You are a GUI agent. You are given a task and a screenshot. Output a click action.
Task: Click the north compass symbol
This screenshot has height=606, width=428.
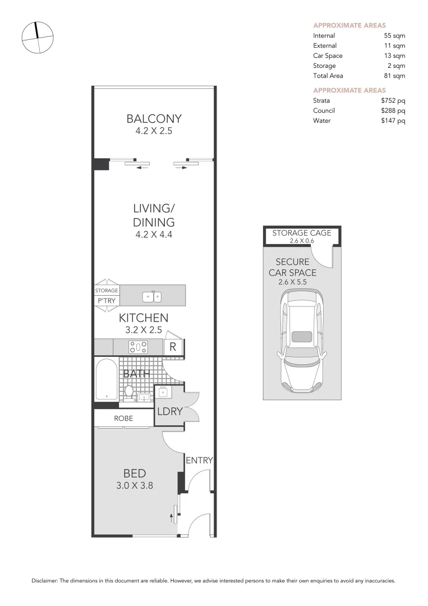[x=38, y=38]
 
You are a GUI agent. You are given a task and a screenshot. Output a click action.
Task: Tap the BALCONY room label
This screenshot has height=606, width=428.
[x=154, y=118]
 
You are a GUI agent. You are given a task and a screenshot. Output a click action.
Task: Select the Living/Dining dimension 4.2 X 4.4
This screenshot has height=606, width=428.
[x=154, y=235]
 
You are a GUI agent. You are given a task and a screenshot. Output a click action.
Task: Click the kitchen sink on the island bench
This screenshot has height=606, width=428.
[x=153, y=295]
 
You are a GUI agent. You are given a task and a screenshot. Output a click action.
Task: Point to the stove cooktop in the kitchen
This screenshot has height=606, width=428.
[x=138, y=347]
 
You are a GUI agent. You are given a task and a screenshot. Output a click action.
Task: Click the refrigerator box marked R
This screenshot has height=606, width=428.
[x=173, y=347]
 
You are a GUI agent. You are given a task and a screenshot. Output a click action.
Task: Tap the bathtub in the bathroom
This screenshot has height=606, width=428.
[x=106, y=380]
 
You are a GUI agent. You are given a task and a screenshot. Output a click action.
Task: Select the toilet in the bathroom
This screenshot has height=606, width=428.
[x=128, y=391]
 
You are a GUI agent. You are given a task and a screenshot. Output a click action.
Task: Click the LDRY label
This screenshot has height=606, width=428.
[x=169, y=411]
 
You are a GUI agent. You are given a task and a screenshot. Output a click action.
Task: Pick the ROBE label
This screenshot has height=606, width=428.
[x=123, y=419]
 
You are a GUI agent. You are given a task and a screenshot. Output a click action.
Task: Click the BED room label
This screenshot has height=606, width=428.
[x=135, y=474]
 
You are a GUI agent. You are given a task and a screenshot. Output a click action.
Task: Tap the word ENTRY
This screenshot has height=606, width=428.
[x=199, y=461]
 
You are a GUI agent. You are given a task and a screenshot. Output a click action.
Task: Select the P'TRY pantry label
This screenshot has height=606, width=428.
[x=106, y=300]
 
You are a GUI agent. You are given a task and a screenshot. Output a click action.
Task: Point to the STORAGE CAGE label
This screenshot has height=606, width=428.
[x=302, y=233]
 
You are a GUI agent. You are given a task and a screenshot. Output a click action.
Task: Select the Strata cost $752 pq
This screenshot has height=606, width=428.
[x=393, y=100]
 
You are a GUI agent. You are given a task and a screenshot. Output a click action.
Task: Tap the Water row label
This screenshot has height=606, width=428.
[x=322, y=121]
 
